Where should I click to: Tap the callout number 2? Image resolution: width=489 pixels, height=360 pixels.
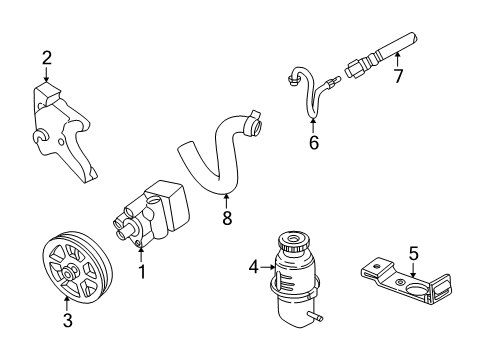(x=46, y=59)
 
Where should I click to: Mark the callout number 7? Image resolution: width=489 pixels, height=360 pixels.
(x=398, y=76)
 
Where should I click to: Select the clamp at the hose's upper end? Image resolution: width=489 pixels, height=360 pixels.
(x=253, y=127)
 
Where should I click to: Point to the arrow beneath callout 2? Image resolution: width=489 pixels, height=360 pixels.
(x=46, y=76)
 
